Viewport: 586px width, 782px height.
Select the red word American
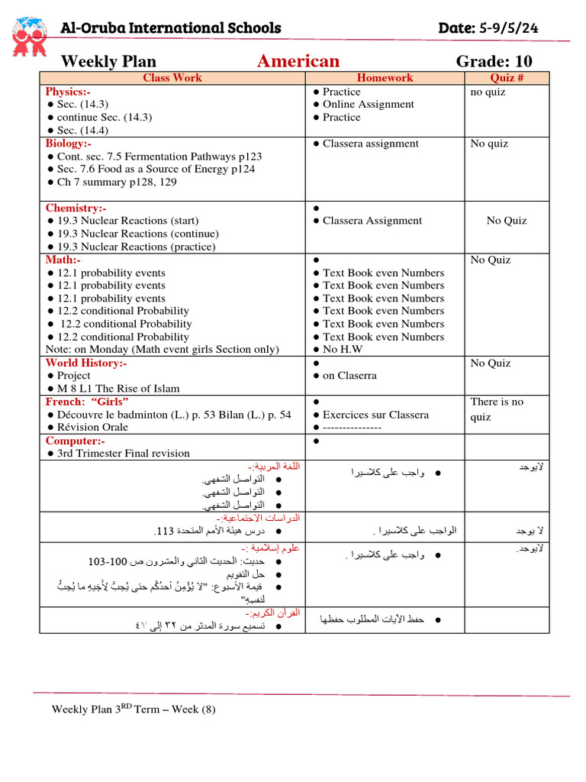coord(298,61)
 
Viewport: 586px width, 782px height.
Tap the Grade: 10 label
coord(494,61)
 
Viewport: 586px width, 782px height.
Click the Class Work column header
coord(172,78)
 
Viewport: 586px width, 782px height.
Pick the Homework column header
coord(385,78)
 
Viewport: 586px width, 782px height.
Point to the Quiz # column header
coord(506,78)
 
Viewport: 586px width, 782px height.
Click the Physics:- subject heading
coord(68,92)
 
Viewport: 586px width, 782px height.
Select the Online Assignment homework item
coord(368,105)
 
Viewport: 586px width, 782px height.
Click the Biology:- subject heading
coord(68,144)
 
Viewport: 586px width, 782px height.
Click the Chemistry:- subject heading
coord(76,208)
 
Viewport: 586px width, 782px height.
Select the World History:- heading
coord(85,363)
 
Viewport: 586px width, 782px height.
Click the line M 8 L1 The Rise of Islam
coord(118,389)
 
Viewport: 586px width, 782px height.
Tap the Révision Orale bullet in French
coord(92,428)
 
